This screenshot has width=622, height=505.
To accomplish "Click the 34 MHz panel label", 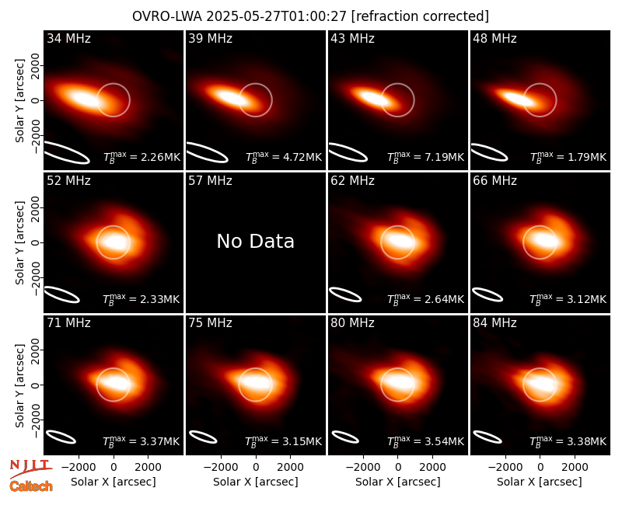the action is pyautogui.click(x=68, y=38).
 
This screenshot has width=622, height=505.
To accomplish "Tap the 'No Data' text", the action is pyautogui.click(x=256, y=241).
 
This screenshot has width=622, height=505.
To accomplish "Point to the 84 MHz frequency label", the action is pyautogui.click(x=494, y=322).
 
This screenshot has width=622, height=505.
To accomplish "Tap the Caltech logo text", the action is pyautogui.click(x=31, y=486).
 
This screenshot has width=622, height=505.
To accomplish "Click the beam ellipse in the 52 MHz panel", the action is pyautogui.click(x=61, y=294).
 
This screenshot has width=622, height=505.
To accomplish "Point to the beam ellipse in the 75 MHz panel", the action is pyautogui.click(x=203, y=437).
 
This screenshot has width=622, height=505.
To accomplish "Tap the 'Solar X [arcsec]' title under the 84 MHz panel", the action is pyautogui.click(x=540, y=482).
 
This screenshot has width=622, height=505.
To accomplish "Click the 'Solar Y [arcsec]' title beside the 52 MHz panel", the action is pyautogui.click(x=19, y=242).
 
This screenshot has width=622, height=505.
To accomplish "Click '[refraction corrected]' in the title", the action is pyautogui.click(x=420, y=16).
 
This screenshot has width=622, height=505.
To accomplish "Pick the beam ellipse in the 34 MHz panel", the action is pyautogui.click(x=67, y=152).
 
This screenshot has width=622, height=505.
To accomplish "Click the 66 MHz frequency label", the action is pyautogui.click(x=494, y=181).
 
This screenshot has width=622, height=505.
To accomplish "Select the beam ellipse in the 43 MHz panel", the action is pyautogui.click(x=348, y=152).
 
